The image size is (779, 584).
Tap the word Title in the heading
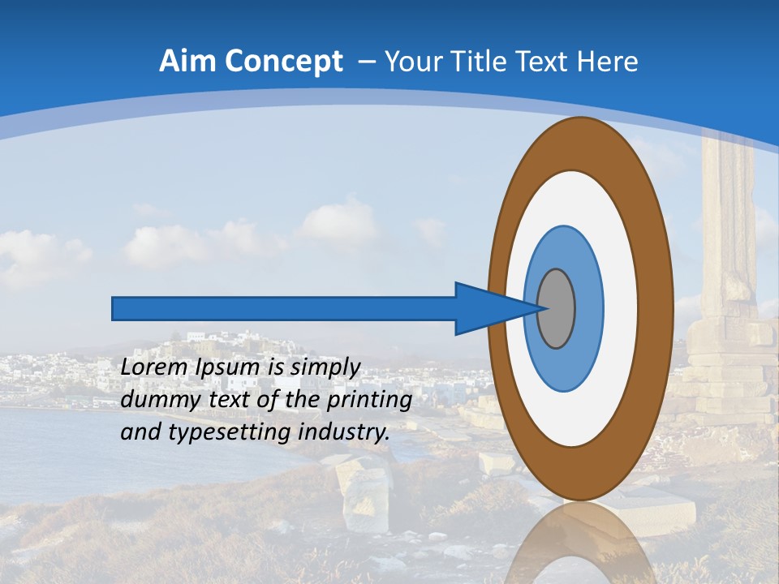tap(480, 62)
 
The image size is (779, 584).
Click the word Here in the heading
tap(609, 62)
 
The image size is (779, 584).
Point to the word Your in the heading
tap(413, 62)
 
